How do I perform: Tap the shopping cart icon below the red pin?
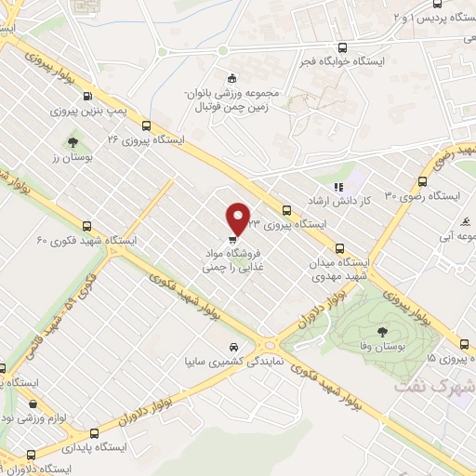click(231, 237)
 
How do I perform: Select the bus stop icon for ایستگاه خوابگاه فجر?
click(344, 48)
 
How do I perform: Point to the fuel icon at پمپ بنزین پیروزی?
click(87, 96)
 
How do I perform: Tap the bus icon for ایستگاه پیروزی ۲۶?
click(146, 126)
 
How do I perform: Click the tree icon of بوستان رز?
click(72, 142)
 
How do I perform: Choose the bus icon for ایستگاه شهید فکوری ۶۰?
click(86, 226)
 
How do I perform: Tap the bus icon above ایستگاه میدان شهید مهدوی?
click(339, 248)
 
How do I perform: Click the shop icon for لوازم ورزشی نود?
click(34, 404)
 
